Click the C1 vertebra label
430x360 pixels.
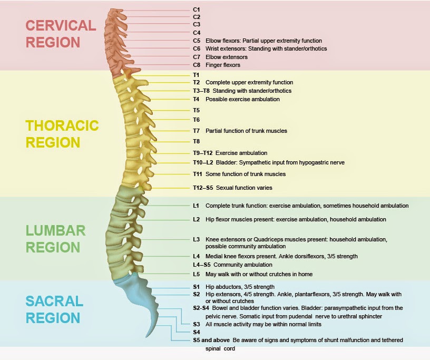point(197,9)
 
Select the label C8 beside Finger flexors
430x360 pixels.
point(197,65)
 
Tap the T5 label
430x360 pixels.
point(197,110)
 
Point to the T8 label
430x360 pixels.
point(197,141)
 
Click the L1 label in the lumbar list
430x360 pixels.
point(196,206)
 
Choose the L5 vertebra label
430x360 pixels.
point(196,274)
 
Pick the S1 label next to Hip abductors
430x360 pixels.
point(196,287)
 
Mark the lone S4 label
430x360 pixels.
point(197,333)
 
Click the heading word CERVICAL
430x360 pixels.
point(61,26)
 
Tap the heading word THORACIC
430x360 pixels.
point(62,125)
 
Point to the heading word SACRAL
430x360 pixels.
point(55,301)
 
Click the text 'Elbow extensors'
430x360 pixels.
point(227,57)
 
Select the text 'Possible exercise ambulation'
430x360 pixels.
point(242,99)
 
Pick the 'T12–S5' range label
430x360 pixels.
point(203,188)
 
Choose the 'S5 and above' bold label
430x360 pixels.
point(209,340)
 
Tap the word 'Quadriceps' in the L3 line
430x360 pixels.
point(269,239)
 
